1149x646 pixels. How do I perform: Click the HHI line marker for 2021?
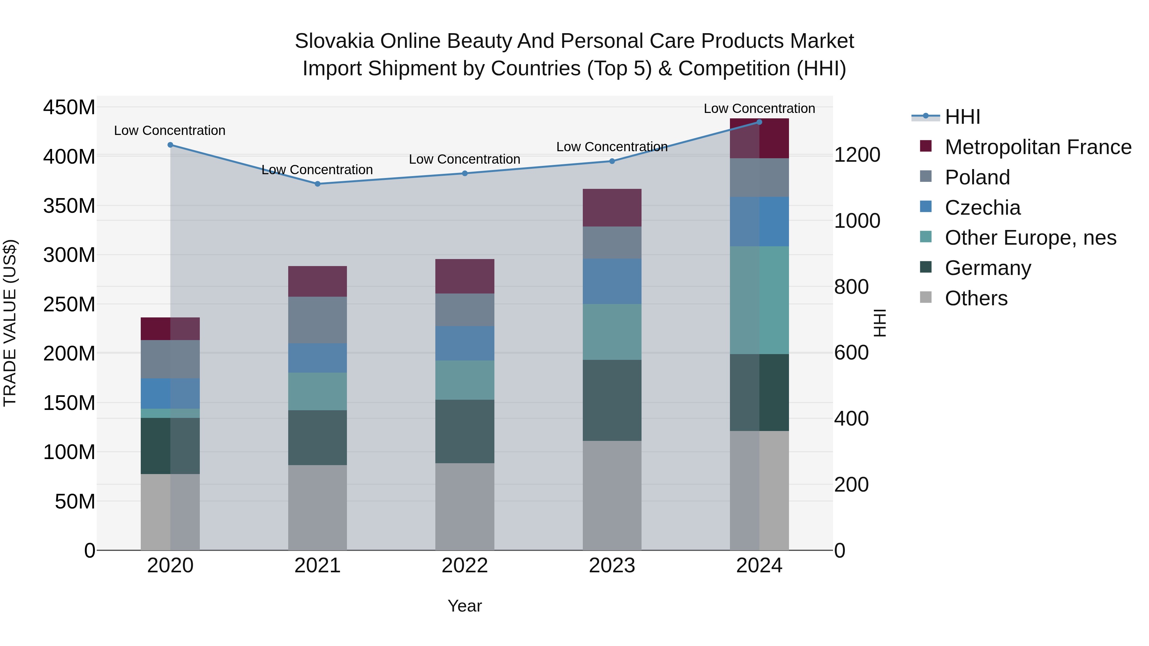318,184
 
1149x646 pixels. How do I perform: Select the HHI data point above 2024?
759,122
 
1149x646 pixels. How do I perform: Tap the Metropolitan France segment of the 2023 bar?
612,208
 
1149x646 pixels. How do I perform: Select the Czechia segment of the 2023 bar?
612,281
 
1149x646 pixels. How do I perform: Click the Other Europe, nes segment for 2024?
759,300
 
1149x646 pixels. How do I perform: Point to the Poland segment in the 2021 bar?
318,320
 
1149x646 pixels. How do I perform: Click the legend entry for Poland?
977,177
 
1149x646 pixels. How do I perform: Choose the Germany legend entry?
988,268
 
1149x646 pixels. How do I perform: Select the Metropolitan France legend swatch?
926,146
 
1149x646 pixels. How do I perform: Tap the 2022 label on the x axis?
465,565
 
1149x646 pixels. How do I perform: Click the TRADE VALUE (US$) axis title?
10,323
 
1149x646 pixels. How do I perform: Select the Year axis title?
465,606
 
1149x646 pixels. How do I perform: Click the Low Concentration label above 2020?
169,130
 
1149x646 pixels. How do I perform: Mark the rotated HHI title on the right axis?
880,323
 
